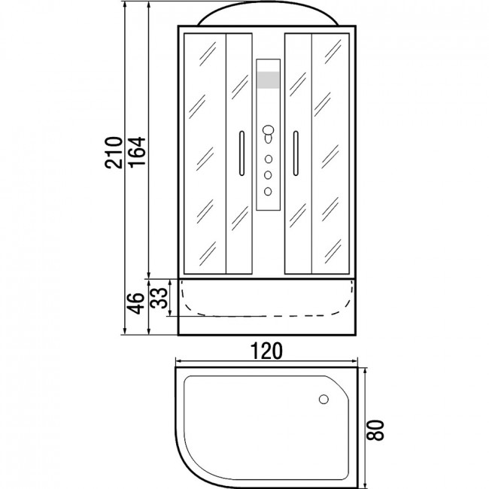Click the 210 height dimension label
click(x=113, y=153)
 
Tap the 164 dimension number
click(x=137, y=153)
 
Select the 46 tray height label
click(x=135, y=303)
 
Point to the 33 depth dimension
click(x=159, y=298)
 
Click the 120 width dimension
click(x=266, y=351)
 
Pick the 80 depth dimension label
click(x=375, y=430)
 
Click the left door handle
click(x=241, y=153)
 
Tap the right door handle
click(x=296, y=153)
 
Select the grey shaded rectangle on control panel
click(x=269, y=80)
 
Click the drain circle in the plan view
click(x=323, y=399)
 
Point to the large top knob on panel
click(x=268, y=130)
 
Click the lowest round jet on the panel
click(x=268, y=191)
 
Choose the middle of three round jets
click(x=268, y=175)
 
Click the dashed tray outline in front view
click(x=267, y=316)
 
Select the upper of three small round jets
click(x=269, y=159)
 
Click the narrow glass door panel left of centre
click(x=239, y=153)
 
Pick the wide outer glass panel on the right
click(x=330, y=153)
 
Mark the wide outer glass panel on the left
click(x=205, y=153)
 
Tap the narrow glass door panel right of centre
click(x=299, y=153)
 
